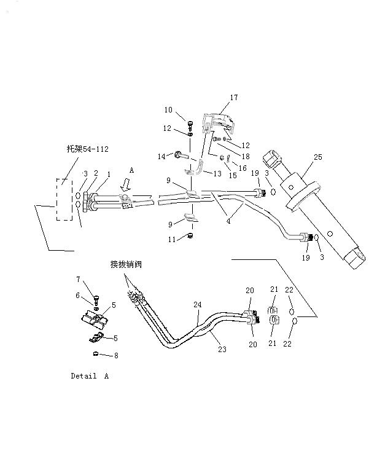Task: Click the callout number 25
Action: [x=317, y=157]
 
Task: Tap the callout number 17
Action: [x=233, y=98]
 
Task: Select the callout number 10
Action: [x=168, y=110]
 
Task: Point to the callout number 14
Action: [x=161, y=157]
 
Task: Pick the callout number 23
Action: [x=222, y=349]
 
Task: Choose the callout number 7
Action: [x=78, y=280]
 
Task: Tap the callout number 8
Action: [x=117, y=355]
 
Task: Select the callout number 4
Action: [x=228, y=221]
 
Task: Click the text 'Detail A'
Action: [x=90, y=376]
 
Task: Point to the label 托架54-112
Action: [x=88, y=149]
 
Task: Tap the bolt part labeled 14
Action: [x=177, y=155]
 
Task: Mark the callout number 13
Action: [x=217, y=174]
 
